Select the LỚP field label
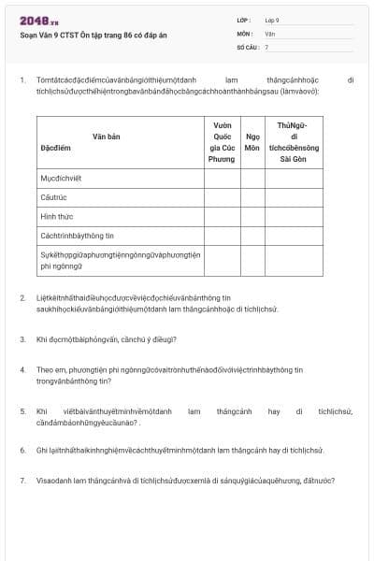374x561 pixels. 244,20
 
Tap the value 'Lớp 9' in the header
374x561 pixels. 272,20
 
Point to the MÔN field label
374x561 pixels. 245,33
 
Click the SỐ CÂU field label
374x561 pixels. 247,46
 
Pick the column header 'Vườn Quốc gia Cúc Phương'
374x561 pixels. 222,141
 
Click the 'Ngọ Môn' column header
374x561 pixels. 252,141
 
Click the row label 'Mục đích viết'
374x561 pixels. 62,176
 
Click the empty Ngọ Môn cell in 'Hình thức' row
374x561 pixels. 252,215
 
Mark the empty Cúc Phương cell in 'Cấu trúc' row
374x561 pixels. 222,195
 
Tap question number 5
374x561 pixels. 22,410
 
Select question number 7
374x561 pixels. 22,481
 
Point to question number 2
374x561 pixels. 22,297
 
